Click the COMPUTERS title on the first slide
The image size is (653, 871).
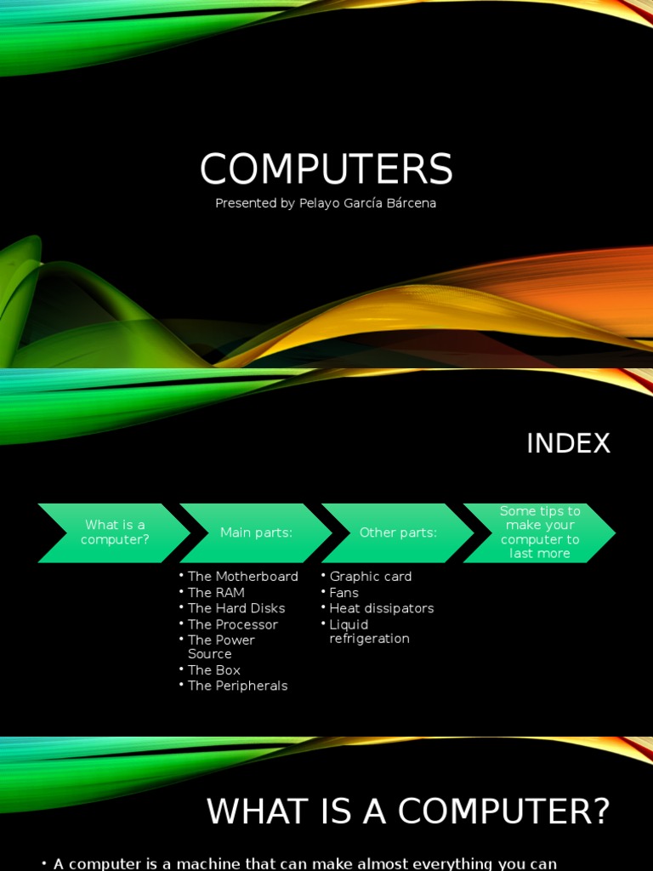point(326,169)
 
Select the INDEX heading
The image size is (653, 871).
point(568,443)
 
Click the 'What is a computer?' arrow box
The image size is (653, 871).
point(113,532)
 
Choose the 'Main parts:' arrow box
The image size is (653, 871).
point(256,532)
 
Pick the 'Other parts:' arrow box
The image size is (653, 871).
point(398,532)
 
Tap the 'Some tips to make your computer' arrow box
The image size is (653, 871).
point(540,532)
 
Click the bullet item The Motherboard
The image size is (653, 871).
point(242,577)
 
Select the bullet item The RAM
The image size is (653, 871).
point(216,593)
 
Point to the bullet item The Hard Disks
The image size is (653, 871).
point(236,608)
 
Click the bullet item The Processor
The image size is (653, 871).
point(232,624)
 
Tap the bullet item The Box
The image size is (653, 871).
point(214,670)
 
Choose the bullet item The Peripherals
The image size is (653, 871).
point(237,686)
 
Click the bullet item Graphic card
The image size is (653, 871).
point(371,577)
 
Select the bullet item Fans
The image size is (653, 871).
point(344,593)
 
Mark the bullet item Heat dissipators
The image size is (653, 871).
point(382,608)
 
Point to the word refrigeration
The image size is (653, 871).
point(369,639)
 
